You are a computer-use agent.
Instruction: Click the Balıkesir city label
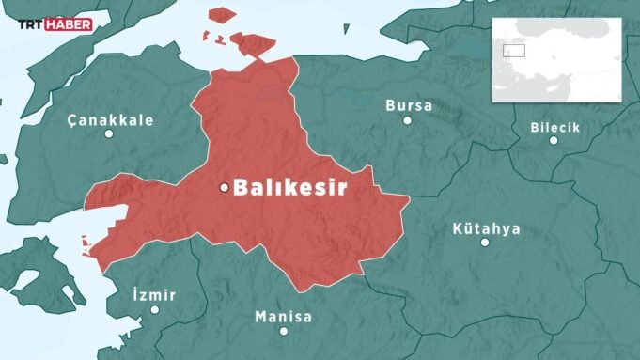click(289, 187)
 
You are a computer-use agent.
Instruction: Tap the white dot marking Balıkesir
click(224, 187)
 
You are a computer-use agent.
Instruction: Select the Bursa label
click(409, 105)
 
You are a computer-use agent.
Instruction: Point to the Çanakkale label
click(111, 120)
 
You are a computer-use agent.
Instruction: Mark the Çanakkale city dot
click(109, 133)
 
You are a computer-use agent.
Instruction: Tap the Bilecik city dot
click(554, 141)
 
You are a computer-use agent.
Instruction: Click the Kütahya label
click(486, 228)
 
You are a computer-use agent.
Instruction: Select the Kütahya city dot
click(485, 242)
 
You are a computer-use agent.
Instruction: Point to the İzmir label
click(155, 295)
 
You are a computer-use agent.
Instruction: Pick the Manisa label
click(283, 317)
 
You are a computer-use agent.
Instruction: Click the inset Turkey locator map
click(558, 60)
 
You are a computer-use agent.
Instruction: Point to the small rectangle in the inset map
click(513, 52)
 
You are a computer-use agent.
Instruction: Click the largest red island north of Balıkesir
click(254, 43)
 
